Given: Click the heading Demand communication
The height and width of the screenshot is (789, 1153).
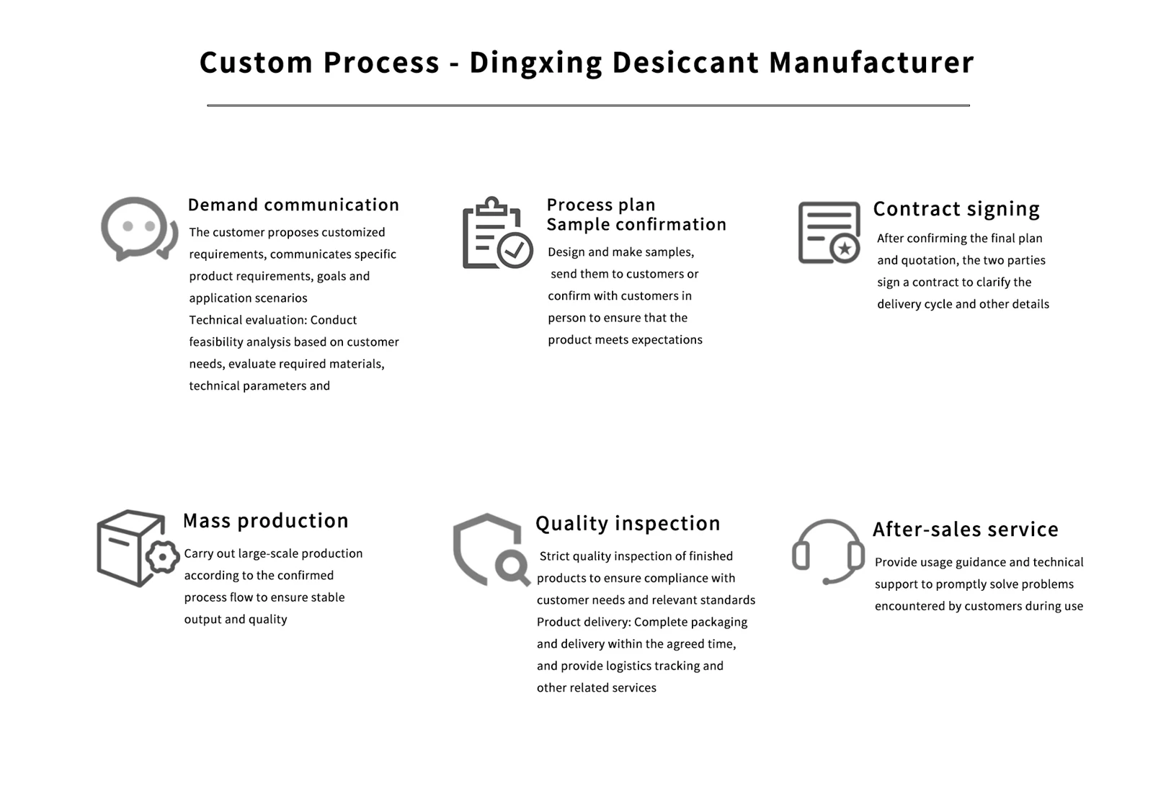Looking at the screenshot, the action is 293,205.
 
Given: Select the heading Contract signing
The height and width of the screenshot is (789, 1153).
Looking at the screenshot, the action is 956,209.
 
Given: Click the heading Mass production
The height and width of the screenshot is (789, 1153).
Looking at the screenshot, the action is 266,521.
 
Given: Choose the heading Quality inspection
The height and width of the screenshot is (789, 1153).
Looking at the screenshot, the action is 628,523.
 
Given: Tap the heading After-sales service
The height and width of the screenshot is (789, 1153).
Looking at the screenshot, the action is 966,529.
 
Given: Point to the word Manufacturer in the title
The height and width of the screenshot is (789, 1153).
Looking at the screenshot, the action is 871,62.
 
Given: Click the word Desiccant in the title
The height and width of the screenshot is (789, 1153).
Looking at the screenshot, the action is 685,62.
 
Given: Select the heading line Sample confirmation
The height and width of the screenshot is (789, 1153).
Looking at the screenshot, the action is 636,224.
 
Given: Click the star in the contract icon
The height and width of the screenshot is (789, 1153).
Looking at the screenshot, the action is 845,249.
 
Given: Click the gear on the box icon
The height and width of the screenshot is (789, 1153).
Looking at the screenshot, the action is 163,557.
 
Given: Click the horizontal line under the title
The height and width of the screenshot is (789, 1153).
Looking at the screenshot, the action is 588,105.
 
